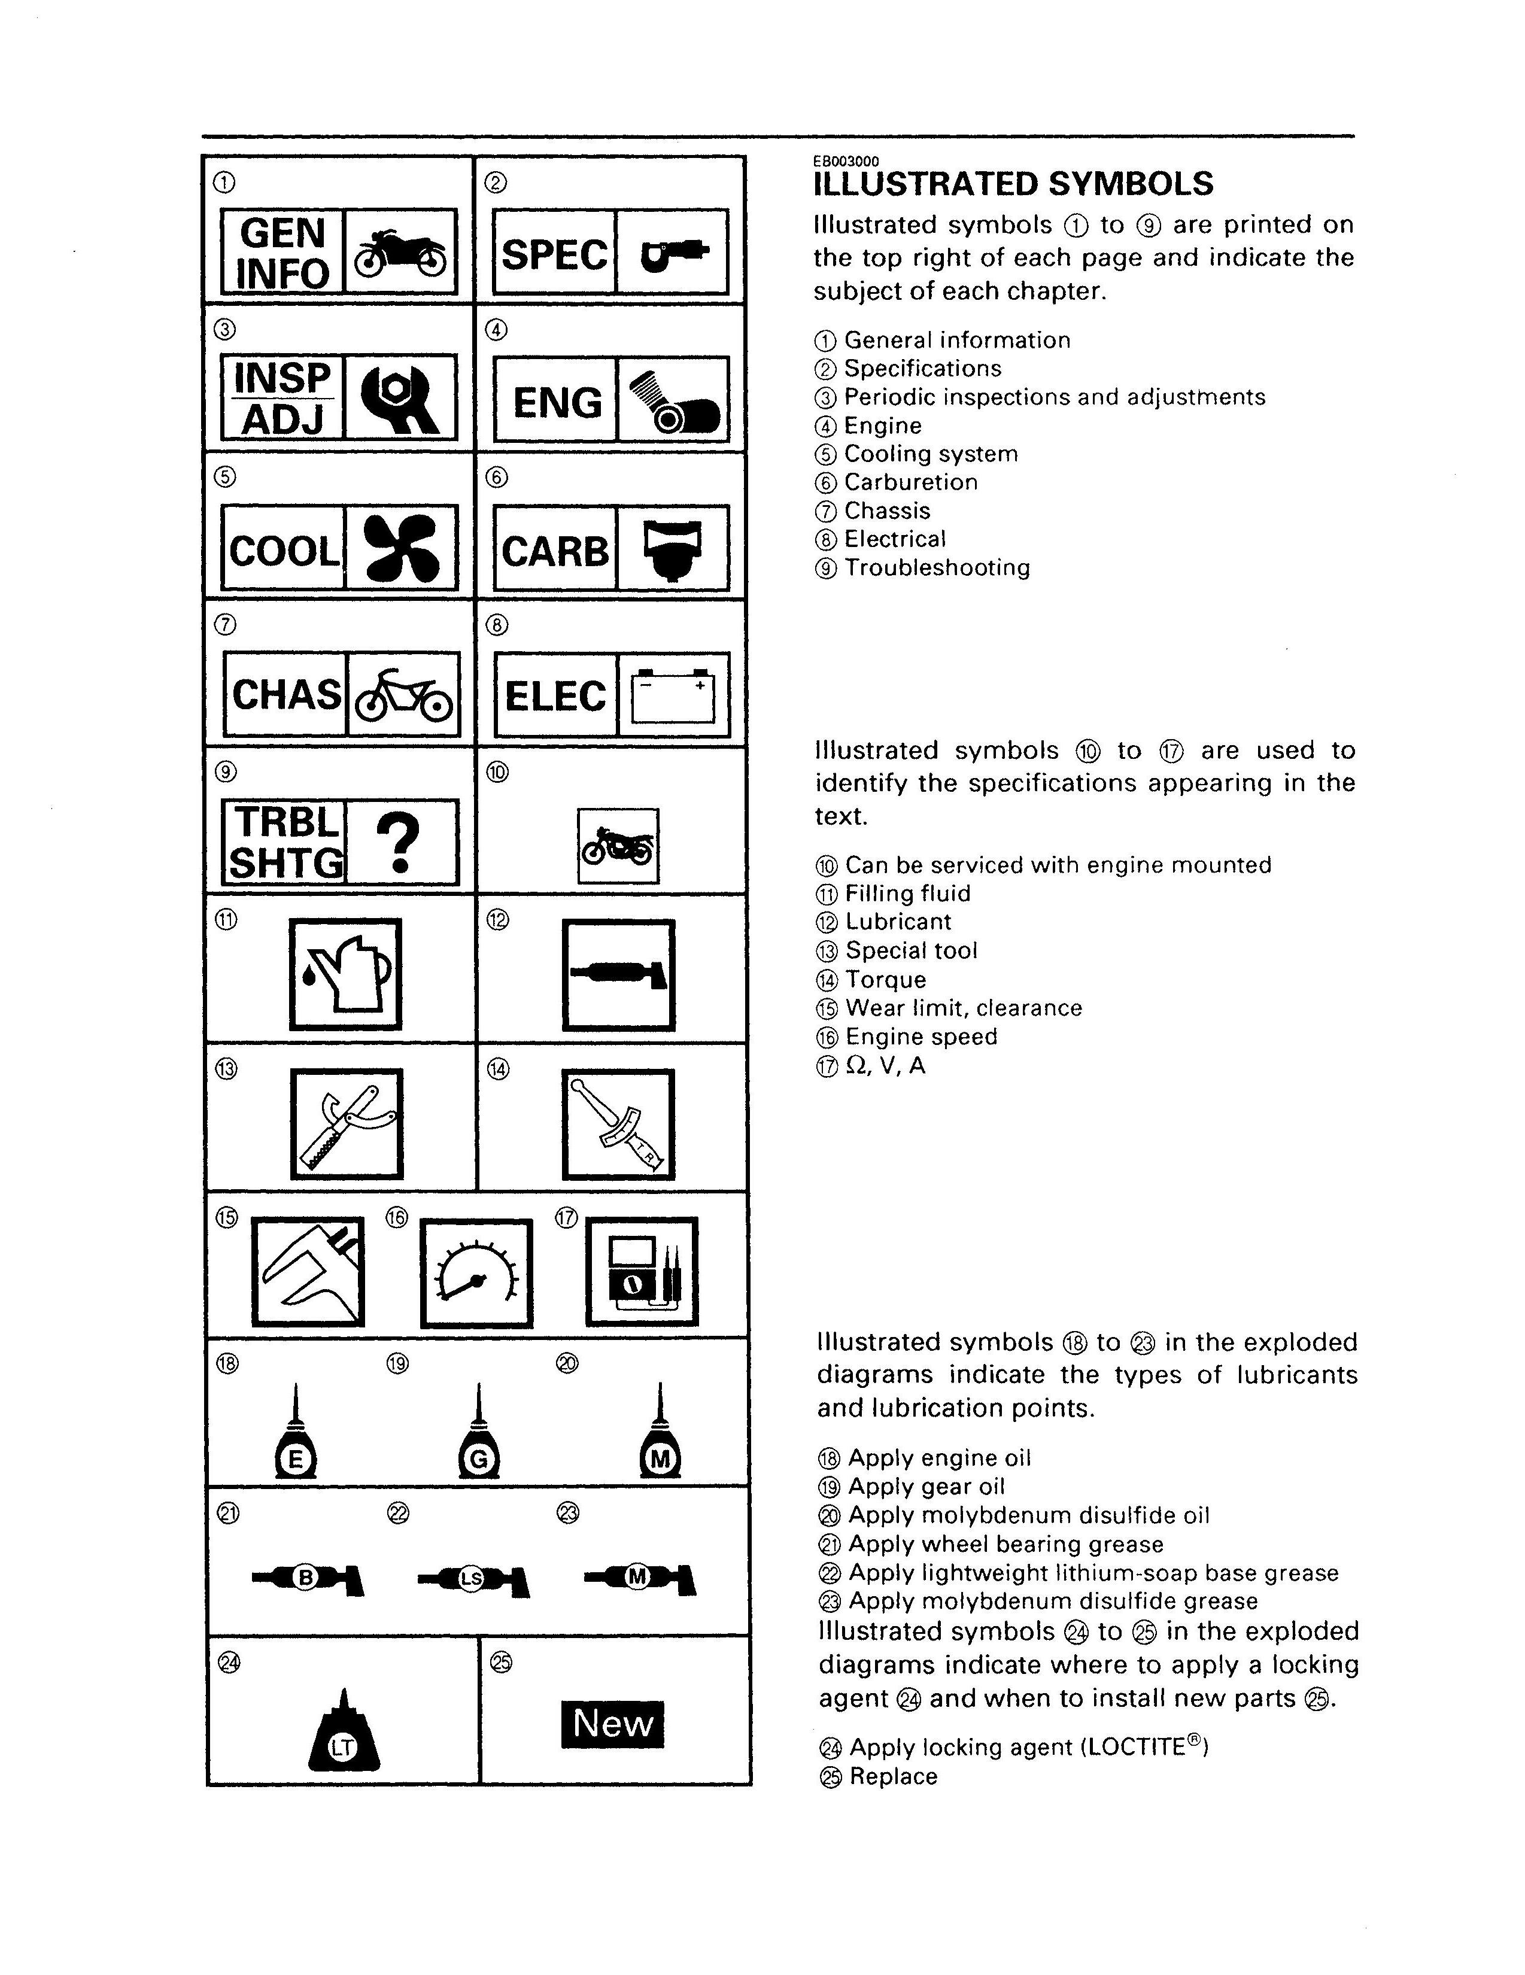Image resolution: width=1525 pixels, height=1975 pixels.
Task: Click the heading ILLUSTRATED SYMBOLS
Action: click(x=1013, y=184)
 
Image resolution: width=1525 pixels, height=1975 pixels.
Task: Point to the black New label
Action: click(x=612, y=1724)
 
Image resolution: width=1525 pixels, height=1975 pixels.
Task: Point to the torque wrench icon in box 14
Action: click(x=619, y=1124)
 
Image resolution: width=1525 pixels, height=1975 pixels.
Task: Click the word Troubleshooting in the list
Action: click(x=937, y=568)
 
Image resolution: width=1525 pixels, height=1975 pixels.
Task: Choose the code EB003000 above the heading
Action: click(x=846, y=161)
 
